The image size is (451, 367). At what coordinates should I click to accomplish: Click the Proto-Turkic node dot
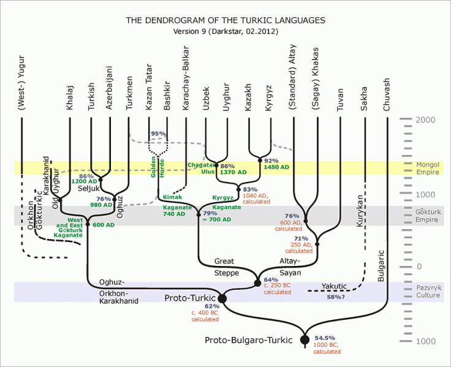point(222,298)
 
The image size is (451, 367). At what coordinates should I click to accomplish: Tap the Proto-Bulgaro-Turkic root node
point(305,340)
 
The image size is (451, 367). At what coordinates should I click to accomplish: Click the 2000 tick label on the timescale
point(425,120)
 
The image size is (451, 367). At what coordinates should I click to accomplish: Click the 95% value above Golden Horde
point(158,134)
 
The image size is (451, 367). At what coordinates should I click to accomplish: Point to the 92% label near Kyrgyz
point(271,161)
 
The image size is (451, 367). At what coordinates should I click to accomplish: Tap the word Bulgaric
point(381,265)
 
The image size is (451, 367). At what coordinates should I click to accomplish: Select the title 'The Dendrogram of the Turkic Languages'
point(225,20)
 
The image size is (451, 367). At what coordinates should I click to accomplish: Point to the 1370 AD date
point(233,173)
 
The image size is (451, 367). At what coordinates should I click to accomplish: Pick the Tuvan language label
point(341,97)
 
